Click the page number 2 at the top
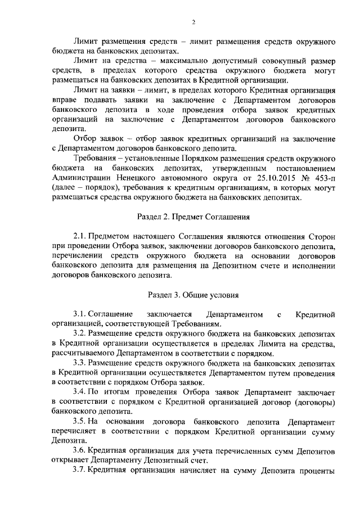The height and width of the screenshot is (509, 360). pyautogui.click(x=193, y=22)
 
